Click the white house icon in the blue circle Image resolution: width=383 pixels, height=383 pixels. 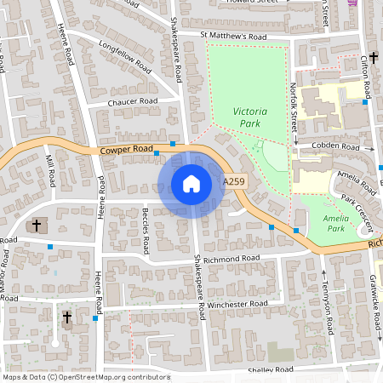pos(191,184)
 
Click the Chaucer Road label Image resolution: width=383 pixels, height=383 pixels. pos(133,101)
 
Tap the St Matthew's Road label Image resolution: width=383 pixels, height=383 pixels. pos(234,37)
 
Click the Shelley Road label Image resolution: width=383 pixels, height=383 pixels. pos(270,369)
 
